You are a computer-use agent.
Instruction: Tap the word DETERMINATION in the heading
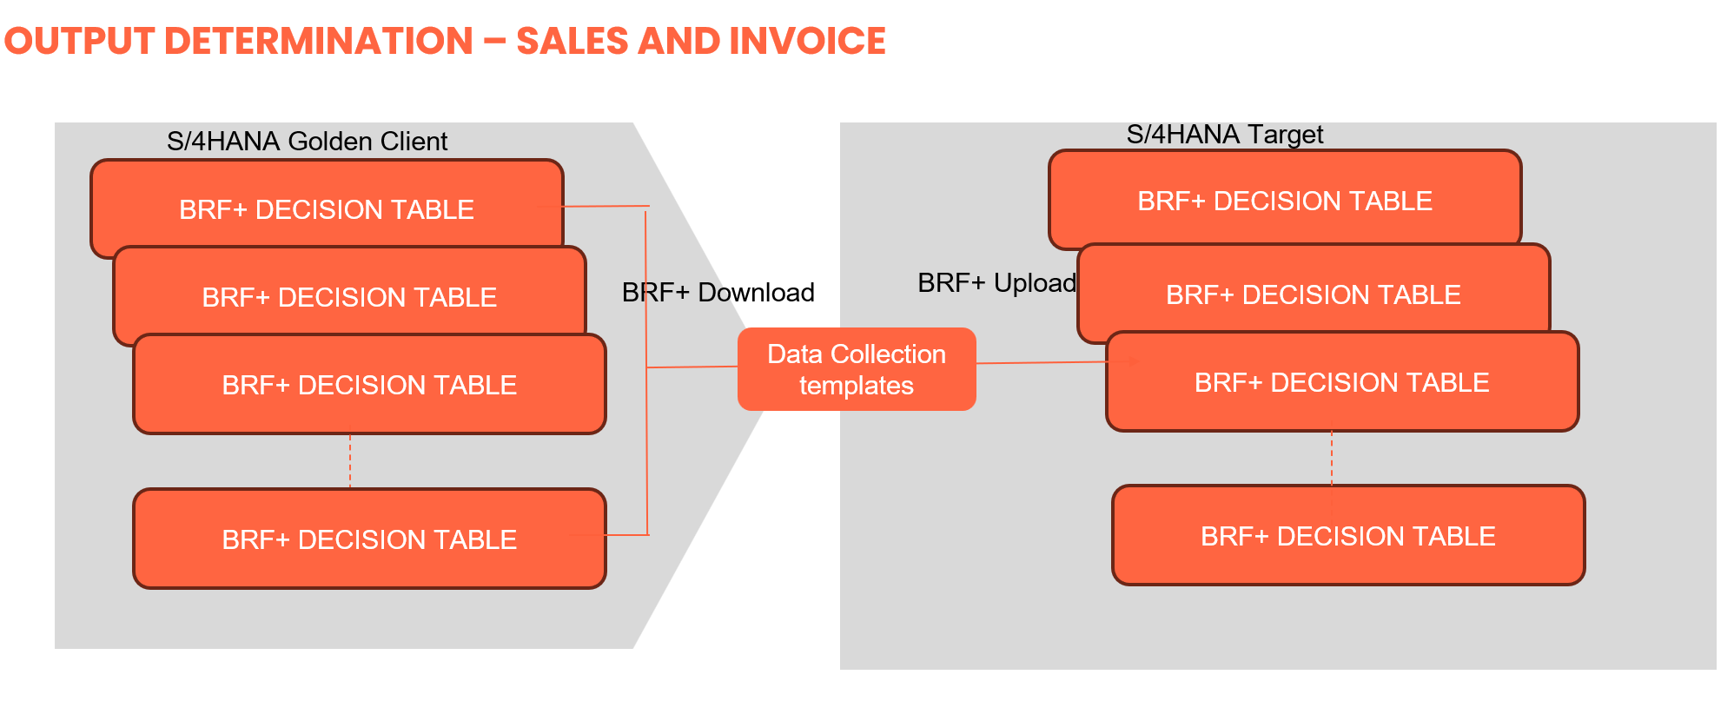[318, 41]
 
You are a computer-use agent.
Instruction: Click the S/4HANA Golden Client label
[307, 141]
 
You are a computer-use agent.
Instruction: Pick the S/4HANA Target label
[1224, 135]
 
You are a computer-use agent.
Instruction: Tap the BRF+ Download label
[718, 292]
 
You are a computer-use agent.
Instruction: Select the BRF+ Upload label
[996, 282]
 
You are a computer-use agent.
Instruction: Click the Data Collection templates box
[856, 369]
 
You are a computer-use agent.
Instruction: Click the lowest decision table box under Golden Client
[369, 539]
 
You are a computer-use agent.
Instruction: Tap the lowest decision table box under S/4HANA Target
[1347, 535]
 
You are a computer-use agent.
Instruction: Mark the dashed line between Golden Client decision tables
[350, 461]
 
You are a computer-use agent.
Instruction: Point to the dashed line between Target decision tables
[1332, 458]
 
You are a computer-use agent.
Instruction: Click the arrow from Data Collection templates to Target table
[1042, 362]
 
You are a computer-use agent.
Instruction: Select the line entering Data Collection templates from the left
[692, 367]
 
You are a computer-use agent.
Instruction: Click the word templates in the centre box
[856, 385]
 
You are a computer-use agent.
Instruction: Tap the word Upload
[1035, 282]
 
